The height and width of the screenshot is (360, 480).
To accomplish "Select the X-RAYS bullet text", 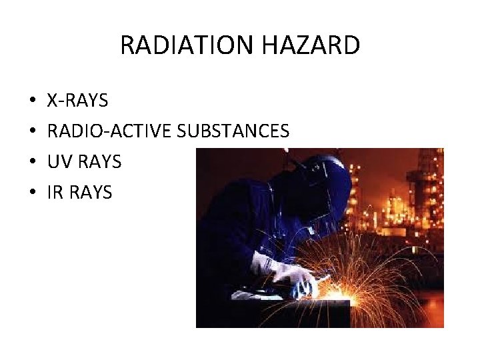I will click(x=77, y=101).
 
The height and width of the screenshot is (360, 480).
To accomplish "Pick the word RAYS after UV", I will click(x=100, y=162).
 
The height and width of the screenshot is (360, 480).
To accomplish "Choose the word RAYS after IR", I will click(x=91, y=193).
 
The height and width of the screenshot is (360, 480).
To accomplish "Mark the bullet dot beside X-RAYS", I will click(x=33, y=101).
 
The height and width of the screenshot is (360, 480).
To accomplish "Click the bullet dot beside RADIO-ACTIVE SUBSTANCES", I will click(x=33, y=132).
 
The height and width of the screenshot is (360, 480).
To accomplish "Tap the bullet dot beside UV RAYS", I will click(x=33, y=163).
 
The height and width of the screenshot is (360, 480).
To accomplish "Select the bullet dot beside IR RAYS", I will click(x=33, y=193).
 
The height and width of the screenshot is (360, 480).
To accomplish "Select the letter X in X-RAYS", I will click(x=52, y=101).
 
